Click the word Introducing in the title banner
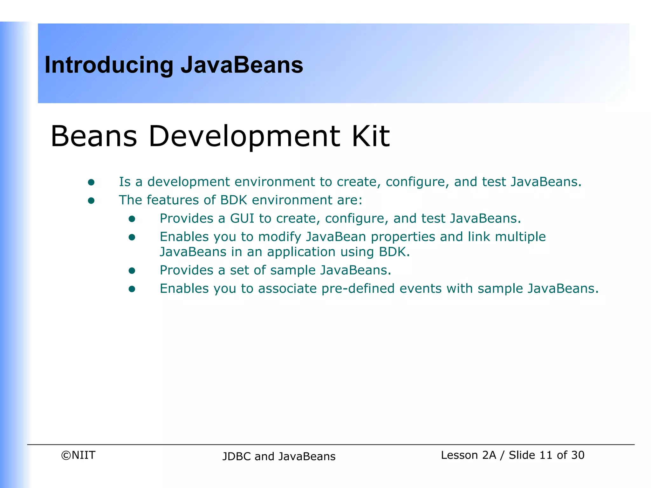[x=109, y=65]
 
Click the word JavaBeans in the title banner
[x=242, y=65]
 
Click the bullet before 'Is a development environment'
[x=91, y=182]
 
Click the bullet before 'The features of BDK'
[x=91, y=200]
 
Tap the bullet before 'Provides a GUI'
[x=132, y=219]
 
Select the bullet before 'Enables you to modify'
[x=132, y=237]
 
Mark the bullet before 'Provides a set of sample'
[x=132, y=271]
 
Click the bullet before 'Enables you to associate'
[x=132, y=289]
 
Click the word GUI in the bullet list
[x=242, y=219]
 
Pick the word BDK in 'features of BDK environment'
[x=234, y=200]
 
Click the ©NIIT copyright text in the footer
[x=78, y=455]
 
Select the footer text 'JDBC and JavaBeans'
[x=279, y=457]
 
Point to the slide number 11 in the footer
[x=546, y=455]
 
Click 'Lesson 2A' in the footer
[x=468, y=455]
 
